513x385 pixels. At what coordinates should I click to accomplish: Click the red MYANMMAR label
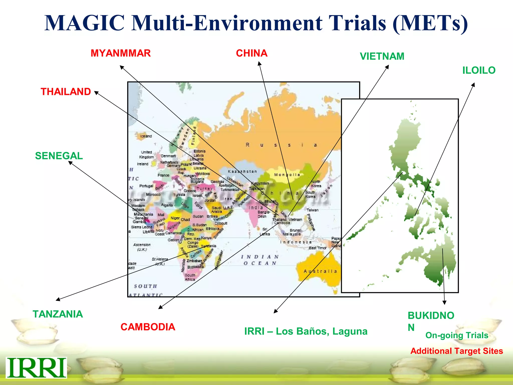point(120,53)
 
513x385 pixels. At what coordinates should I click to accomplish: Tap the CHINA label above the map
point(251,53)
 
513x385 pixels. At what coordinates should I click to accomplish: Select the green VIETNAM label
point(382,56)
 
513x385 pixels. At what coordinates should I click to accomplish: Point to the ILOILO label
point(479,70)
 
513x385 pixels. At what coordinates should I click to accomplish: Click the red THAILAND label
point(66,91)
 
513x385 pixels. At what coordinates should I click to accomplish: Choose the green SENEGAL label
point(59,156)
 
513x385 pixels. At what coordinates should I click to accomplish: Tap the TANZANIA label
point(58,314)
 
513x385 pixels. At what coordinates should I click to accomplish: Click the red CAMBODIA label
point(148,327)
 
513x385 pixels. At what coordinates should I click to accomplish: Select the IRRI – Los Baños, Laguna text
point(306,331)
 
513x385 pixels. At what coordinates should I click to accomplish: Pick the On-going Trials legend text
point(457,335)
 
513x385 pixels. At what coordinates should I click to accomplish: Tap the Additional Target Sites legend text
point(456,351)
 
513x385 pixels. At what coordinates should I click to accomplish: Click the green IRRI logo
point(37,367)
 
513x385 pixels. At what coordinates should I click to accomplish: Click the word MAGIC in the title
point(85,23)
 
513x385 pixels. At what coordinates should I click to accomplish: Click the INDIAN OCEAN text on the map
point(260,260)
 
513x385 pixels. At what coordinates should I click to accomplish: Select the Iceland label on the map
point(146,136)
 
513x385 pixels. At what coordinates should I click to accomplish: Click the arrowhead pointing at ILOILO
point(473,85)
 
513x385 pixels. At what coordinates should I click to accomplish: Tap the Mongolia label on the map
point(287,175)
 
